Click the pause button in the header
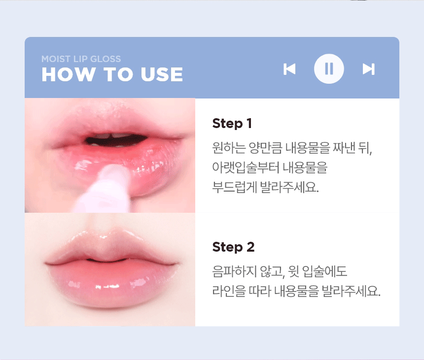point(329,69)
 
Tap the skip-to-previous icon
point(289,69)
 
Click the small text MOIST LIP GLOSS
point(81,59)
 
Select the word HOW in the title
point(69,74)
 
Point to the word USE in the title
point(162,74)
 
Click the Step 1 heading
point(232,124)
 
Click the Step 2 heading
point(233,247)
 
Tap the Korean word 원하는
point(229,148)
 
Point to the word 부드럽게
point(235,187)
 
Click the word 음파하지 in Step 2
point(234,271)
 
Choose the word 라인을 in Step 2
point(229,291)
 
